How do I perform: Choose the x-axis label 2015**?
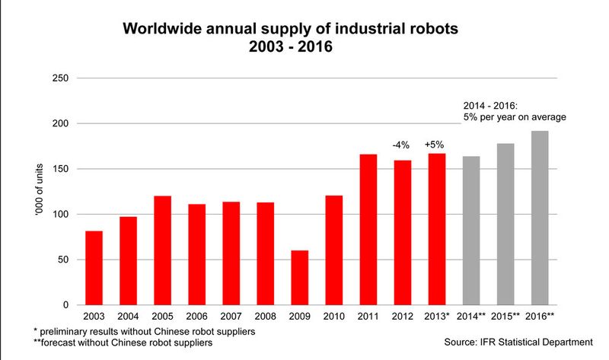point(506,315)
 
